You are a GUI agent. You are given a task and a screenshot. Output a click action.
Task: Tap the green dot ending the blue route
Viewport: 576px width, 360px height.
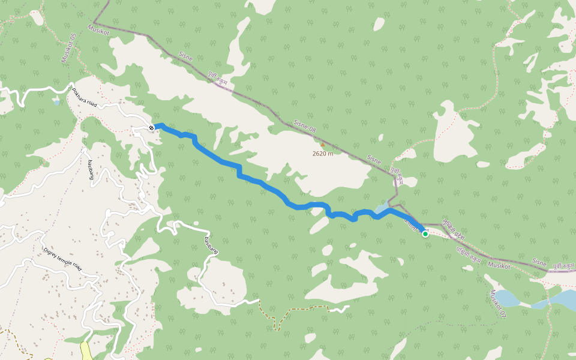tap(425, 234)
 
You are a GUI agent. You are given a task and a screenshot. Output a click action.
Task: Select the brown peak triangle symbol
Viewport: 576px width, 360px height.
tap(322, 144)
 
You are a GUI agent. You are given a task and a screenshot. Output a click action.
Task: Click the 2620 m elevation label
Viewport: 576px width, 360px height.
tap(322, 154)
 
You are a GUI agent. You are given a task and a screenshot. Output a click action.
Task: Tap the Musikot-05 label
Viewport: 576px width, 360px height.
tap(68, 49)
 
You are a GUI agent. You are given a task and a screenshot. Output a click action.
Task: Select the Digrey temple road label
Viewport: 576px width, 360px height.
tap(62, 259)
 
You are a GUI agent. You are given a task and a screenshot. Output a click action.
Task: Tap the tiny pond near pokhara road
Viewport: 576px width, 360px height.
tap(56, 103)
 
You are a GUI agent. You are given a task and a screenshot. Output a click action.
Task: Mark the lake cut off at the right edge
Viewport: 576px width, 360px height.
tap(561, 298)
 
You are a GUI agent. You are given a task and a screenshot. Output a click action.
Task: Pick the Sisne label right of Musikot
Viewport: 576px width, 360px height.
tap(540, 262)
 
